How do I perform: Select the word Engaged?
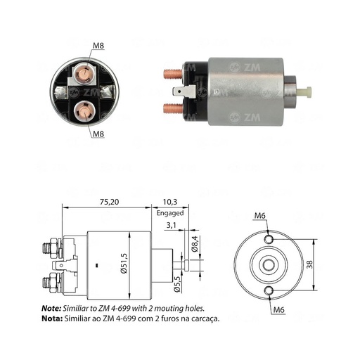171,212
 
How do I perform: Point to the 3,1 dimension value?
170,226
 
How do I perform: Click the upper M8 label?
98,48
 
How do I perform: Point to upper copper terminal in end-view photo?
83,72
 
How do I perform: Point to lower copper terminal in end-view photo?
83,108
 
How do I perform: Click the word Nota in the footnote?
51,319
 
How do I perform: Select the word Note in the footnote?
51,309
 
